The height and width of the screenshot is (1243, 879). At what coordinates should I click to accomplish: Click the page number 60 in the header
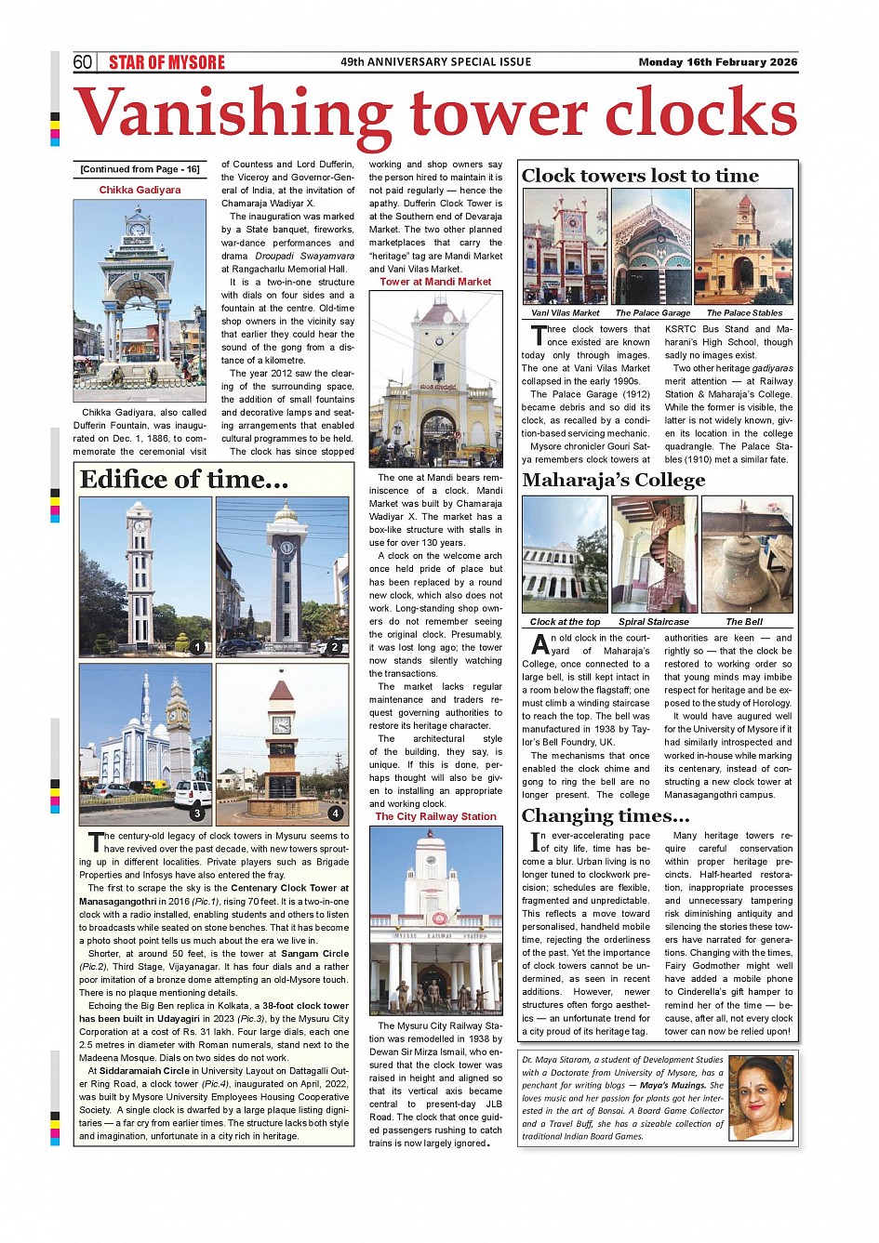pos(83,62)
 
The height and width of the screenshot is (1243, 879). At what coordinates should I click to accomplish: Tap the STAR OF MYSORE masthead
pos(166,62)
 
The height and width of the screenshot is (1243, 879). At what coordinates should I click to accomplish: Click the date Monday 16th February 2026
pos(717,62)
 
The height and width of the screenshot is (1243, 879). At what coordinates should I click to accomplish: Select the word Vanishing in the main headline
pos(233,114)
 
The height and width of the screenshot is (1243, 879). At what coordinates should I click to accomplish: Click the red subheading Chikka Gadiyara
pos(140,190)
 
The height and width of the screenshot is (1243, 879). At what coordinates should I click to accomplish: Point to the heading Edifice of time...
pos(183,480)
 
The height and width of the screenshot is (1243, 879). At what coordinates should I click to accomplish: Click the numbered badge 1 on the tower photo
pos(197,647)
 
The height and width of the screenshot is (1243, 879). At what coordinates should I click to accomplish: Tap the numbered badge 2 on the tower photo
pos(334,647)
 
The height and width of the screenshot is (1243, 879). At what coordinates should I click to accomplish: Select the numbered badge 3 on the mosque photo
pos(197,813)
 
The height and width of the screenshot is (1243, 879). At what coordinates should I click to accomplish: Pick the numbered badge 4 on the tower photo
pos(335,813)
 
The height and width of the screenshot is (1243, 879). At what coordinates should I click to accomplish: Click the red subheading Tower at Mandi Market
pos(435,282)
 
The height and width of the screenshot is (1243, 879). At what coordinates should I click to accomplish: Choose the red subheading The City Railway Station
pos(435,816)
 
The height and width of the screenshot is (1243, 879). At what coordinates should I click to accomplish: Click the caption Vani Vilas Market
pos(565,313)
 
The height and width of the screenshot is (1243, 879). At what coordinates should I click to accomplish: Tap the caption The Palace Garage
pos(652,313)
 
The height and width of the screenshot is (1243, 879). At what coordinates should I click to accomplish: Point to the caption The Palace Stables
pos(744,313)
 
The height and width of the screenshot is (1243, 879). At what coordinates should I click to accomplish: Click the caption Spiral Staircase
pos(654,622)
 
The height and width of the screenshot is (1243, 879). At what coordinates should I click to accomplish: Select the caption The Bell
pos(744,622)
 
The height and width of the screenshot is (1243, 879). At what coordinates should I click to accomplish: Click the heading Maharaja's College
pos(613,481)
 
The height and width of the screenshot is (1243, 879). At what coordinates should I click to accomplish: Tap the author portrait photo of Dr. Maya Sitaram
pos(761,1098)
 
